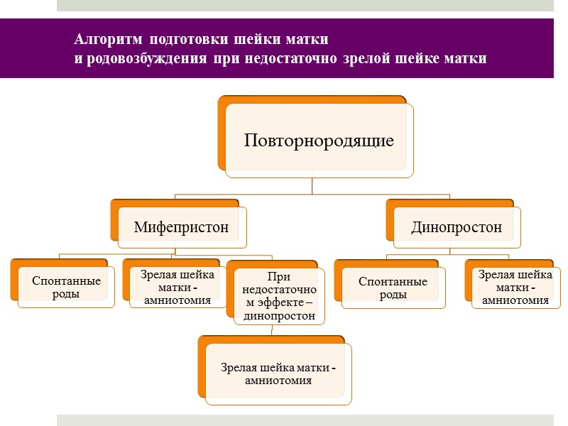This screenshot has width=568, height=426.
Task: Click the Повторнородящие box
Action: pos(319,141)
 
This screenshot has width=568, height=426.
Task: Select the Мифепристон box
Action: pos(182,228)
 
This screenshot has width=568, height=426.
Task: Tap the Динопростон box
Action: pos(457,228)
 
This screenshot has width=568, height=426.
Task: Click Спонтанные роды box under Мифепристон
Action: pos(66,288)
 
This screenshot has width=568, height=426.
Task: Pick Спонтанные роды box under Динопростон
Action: pos(393,288)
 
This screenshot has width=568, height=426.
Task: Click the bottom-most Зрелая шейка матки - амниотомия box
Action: pos(278,373)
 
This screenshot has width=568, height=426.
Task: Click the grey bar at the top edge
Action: pos(305,5)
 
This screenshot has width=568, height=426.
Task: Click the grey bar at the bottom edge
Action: pos(305,420)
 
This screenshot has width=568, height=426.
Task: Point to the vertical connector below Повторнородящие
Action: pos(312,186)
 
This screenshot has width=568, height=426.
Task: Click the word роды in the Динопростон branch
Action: pos(393,295)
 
